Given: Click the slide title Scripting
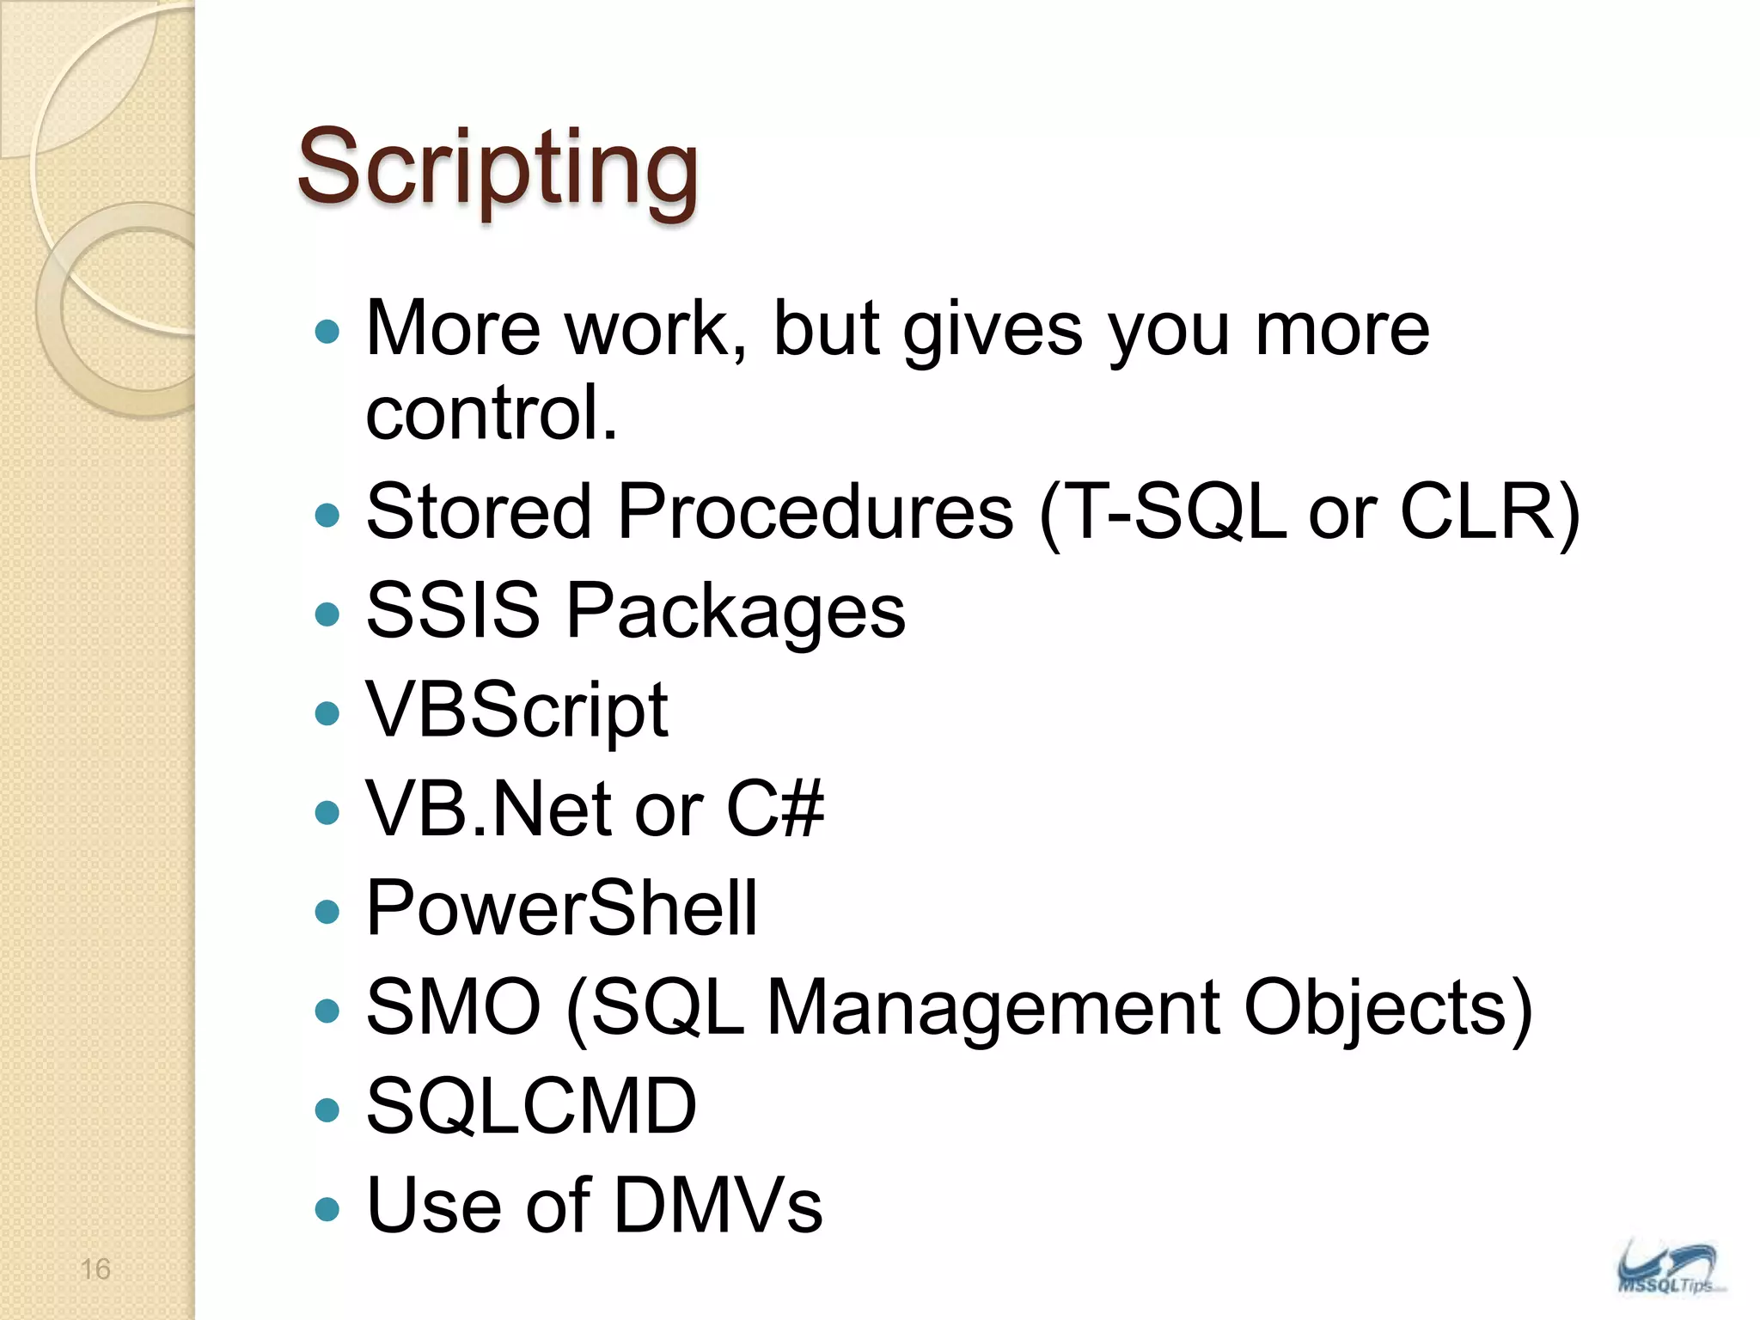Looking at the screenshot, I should click(x=498, y=168).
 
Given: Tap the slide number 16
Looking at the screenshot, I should click(x=95, y=1269).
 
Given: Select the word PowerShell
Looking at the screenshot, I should click(x=562, y=909).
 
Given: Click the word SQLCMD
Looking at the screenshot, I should click(x=531, y=1107).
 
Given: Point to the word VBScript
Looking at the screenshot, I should click(x=516, y=712).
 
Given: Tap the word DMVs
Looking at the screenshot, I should click(x=718, y=1206).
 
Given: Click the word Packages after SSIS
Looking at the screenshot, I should click(x=736, y=612).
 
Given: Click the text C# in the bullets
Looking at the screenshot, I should click(x=775, y=810).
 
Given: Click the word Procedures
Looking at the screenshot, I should click(x=816, y=512).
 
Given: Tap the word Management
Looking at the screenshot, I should click(x=993, y=1007).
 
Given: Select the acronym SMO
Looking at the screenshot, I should click(x=453, y=1007).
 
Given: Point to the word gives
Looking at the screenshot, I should click(x=993, y=330).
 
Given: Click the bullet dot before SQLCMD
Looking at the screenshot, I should click(x=327, y=1109).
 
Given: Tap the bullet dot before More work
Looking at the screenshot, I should click(x=327, y=332).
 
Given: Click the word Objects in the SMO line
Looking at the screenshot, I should click(x=1375, y=1007).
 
